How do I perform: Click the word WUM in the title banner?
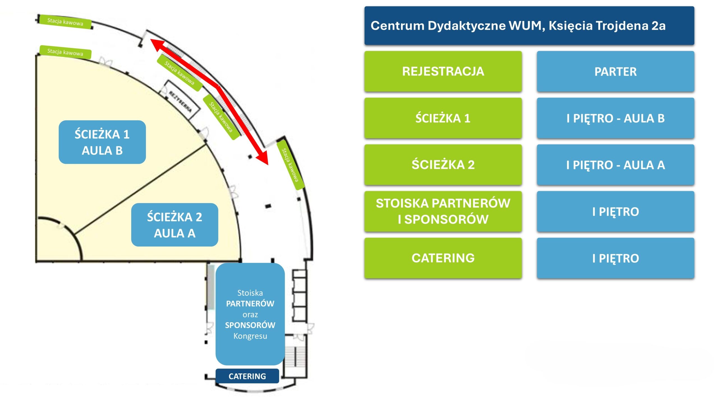point(526,26)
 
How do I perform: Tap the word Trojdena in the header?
point(621,26)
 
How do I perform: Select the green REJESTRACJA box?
point(443,71)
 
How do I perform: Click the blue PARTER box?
point(616,71)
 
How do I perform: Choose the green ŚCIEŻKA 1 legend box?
point(443,118)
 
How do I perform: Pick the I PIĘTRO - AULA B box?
point(616,118)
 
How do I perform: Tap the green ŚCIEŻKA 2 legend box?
point(443,165)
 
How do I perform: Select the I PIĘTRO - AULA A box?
point(616,165)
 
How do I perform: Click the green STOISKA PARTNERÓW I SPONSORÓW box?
point(443,211)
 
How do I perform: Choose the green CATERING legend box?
point(443,258)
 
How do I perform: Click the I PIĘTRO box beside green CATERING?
point(616,258)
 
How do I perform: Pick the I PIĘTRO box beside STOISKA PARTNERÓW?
point(616,211)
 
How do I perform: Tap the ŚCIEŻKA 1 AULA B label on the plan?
point(102,142)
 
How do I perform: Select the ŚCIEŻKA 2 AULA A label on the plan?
point(174,225)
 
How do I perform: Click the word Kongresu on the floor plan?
point(250,336)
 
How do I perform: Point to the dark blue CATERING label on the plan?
point(247,376)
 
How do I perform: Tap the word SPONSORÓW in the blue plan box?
point(250,325)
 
